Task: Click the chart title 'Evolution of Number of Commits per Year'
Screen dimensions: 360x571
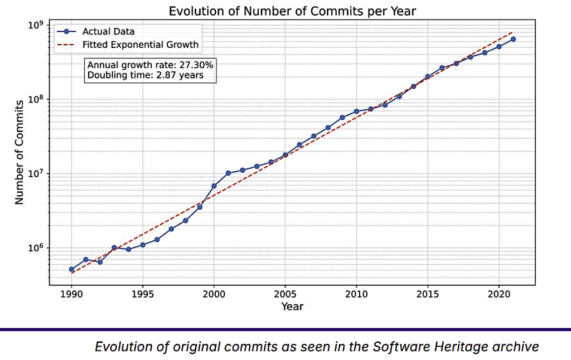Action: tap(292, 11)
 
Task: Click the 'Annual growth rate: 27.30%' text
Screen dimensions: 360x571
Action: tap(150, 65)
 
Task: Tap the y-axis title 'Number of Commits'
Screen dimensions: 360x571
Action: tap(20, 152)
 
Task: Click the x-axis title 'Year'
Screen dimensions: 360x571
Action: tap(292, 306)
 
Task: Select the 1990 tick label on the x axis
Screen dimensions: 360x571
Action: tap(71, 294)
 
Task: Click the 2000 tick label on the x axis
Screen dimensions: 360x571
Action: tap(214, 294)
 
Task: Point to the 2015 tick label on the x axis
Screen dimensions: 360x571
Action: tap(427, 294)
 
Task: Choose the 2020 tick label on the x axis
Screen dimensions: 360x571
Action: tap(499, 294)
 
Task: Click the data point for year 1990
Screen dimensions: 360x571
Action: tap(71, 269)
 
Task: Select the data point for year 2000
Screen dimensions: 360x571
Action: tap(214, 186)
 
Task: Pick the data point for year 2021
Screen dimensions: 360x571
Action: tap(513, 39)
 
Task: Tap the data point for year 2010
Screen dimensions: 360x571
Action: tap(356, 111)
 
